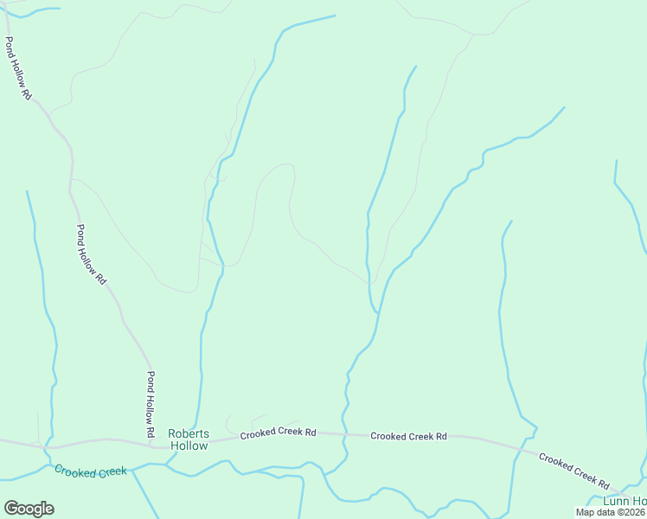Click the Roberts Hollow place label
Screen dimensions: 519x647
click(x=188, y=439)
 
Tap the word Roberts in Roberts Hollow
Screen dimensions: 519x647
click(x=188, y=433)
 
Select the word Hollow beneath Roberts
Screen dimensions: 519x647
click(x=189, y=446)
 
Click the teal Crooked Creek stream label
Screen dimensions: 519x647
click(x=90, y=471)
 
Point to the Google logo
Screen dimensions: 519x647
click(x=29, y=509)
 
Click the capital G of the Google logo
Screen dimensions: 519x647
click(x=10, y=509)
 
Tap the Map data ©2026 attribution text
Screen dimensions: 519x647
click(x=611, y=512)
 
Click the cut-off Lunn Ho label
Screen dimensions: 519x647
click(x=625, y=502)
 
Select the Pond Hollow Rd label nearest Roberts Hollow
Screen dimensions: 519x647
click(x=150, y=404)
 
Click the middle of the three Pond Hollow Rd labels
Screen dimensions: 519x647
click(x=90, y=255)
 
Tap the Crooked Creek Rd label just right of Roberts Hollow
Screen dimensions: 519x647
click(x=278, y=432)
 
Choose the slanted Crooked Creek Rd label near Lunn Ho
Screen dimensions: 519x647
click(x=574, y=470)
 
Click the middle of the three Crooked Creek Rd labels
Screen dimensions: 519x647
click(x=408, y=436)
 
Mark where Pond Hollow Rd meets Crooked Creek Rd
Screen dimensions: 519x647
click(x=154, y=446)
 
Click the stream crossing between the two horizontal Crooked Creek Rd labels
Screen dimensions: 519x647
click(x=344, y=433)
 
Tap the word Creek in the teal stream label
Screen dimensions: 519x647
click(x=111, y=472)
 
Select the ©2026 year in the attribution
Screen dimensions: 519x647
click(x=629, y=512)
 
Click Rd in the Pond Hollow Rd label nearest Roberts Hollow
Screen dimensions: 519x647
click(x=150, y=430)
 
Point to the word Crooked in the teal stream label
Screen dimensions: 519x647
click(x=73, y=470)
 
